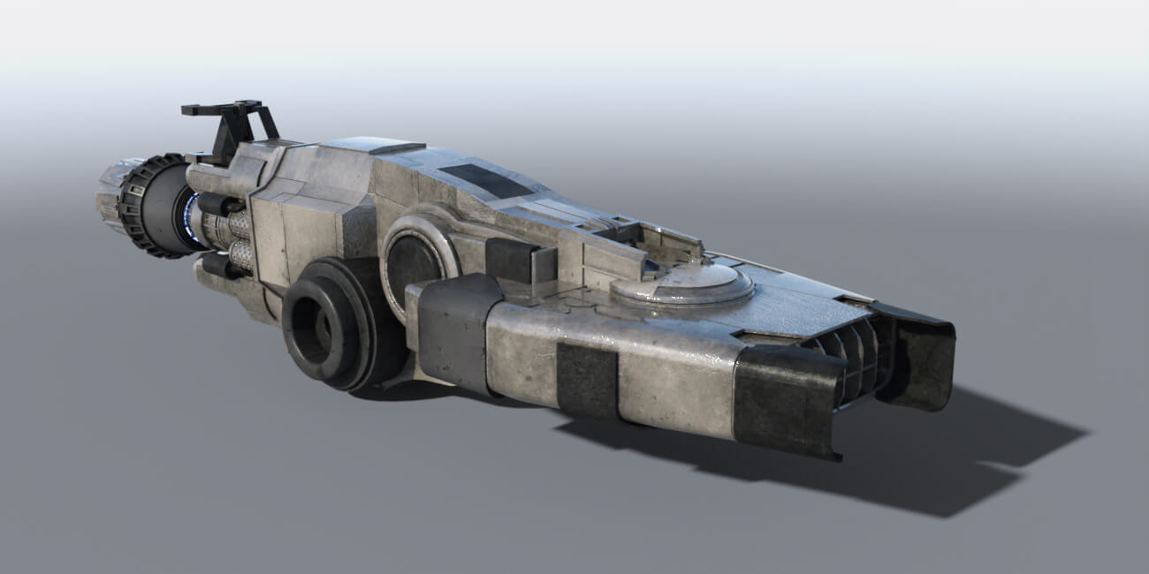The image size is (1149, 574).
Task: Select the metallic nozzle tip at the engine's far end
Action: pyautogui.click(x=108, y=196)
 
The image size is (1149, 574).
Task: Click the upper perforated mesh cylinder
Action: pyautogui.click(x=236, y=226)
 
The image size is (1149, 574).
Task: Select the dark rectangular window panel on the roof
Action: pyautogui.click(x=485, y=180)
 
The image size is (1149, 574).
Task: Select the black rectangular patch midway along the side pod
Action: pyautogui.click(x=586, y=381)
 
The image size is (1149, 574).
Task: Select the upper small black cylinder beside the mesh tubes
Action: pyautogui.click(x=212, y=204)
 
